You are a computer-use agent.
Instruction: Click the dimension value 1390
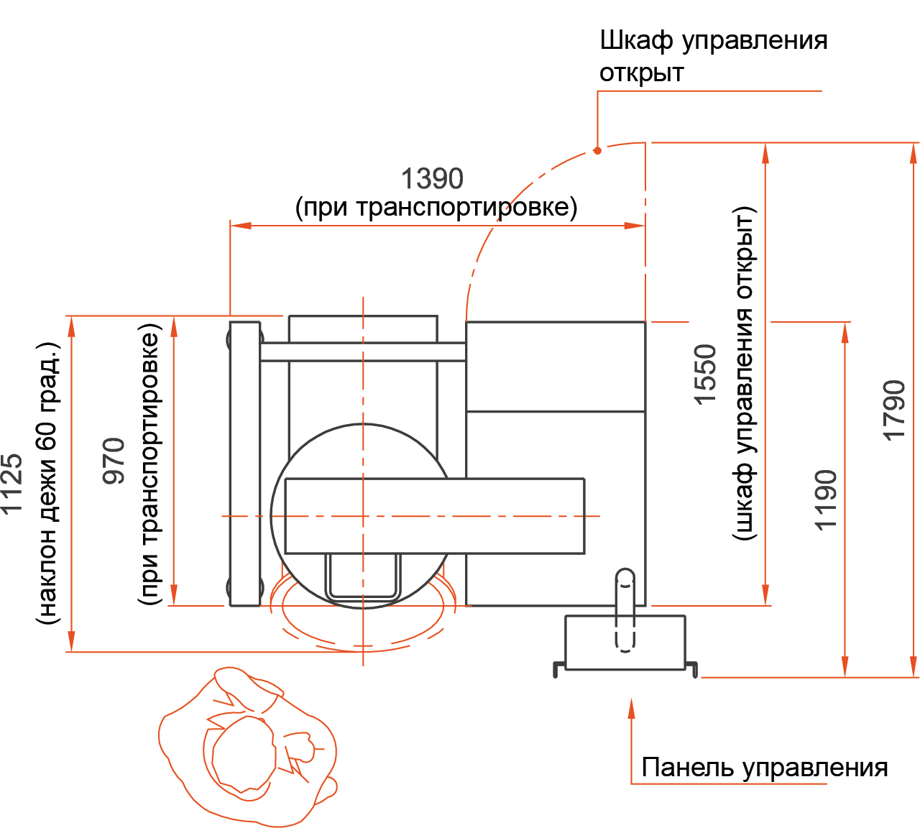pyautogui.click(x=432, y=178)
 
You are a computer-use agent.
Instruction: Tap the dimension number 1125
pyautogui.click(x=11, y=484)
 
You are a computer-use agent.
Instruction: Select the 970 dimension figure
pyautogui.click(x=114, y=461)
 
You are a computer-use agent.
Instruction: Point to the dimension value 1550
pyautogui.click(x=705, y=374)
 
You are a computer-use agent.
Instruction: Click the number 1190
pyautogui.click(x=826, y=500)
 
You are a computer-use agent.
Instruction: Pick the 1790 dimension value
pyautogui.click(x=894, y=410)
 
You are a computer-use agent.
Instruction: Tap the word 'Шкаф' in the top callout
pyautogui.click(x=637, y=41)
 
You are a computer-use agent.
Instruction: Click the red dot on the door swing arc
pyautogui.click(x=597, y=150)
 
